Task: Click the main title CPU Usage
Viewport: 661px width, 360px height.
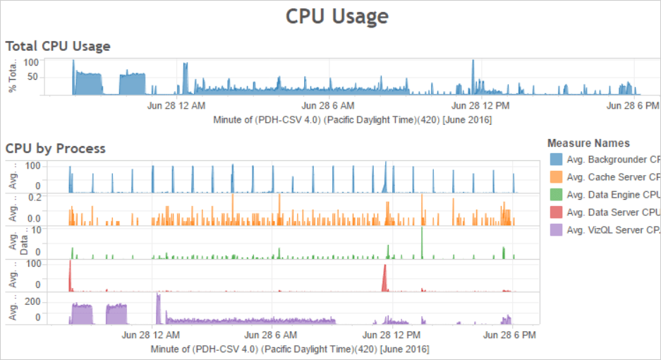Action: pyautogui.click(x=336, y=16)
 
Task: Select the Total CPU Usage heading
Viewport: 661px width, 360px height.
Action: pyautogui.click(x=58, y=47)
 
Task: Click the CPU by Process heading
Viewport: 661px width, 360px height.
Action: pyautogui.click(x=56, y=148)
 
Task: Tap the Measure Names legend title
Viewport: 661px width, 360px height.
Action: pyautogui.click(x=588, y=143)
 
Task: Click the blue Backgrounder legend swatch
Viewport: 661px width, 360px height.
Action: pyautogui.click(x=556, y=160)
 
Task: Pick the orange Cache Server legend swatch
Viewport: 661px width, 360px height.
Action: pyautogui.click(x=556, y=177)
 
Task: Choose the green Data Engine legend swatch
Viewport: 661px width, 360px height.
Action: pyautogui.click(x=556, y=195)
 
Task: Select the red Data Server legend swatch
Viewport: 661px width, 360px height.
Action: pyautogui.click(x=556, y=212)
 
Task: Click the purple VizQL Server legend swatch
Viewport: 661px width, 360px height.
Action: pyautogui.click(x=556, y=230)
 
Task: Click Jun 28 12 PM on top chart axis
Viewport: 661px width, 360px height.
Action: pyautogui.click(x=480, y=106)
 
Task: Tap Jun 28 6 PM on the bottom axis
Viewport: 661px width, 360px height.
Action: pyautogui.click(x=509, y=334)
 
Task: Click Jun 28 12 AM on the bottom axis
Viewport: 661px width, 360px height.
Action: pyautogui.click(x=151, y=334)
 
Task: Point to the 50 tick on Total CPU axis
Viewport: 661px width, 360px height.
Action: pyautogui.click(x=32, y=76)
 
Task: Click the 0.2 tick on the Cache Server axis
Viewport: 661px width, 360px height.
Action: pyautogui.click(x=32, y=197)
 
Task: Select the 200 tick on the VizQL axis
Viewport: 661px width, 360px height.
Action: pyautogui.click(x=32, y=301)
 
